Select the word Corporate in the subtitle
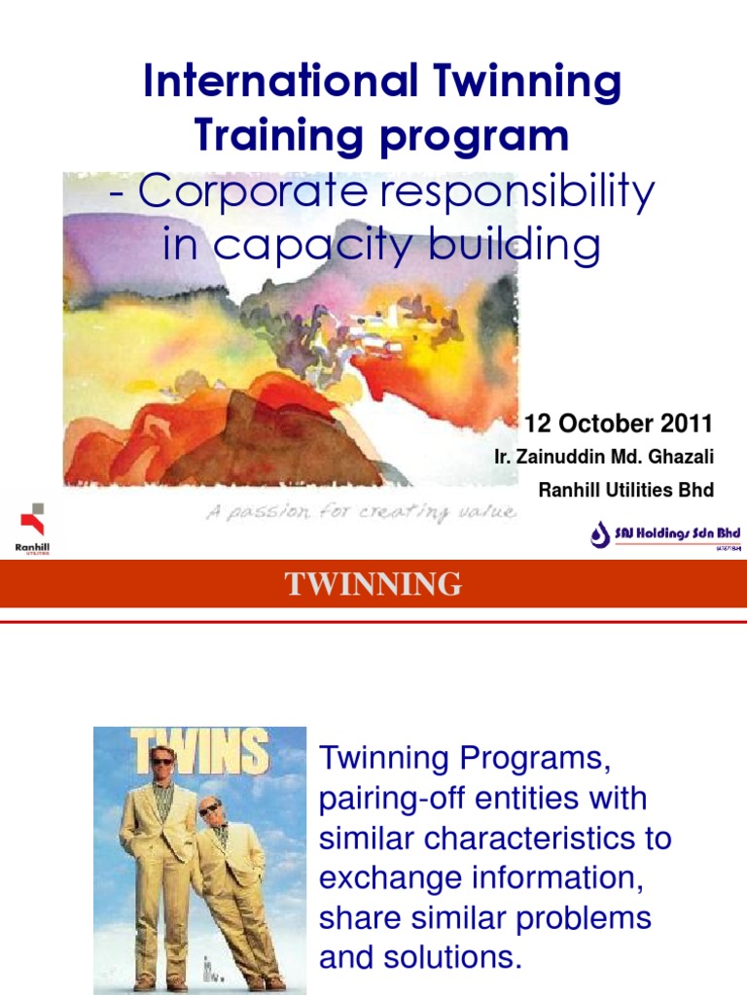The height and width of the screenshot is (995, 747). pyautogui.click(x=254, y=192)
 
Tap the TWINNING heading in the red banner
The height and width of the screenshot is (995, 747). pyautogui.click(x=373, y=585)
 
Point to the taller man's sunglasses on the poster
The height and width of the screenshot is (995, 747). pyautogui.click(x=161, y=761)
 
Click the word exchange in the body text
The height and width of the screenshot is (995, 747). pyautogui.click(x=387, y=878)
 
